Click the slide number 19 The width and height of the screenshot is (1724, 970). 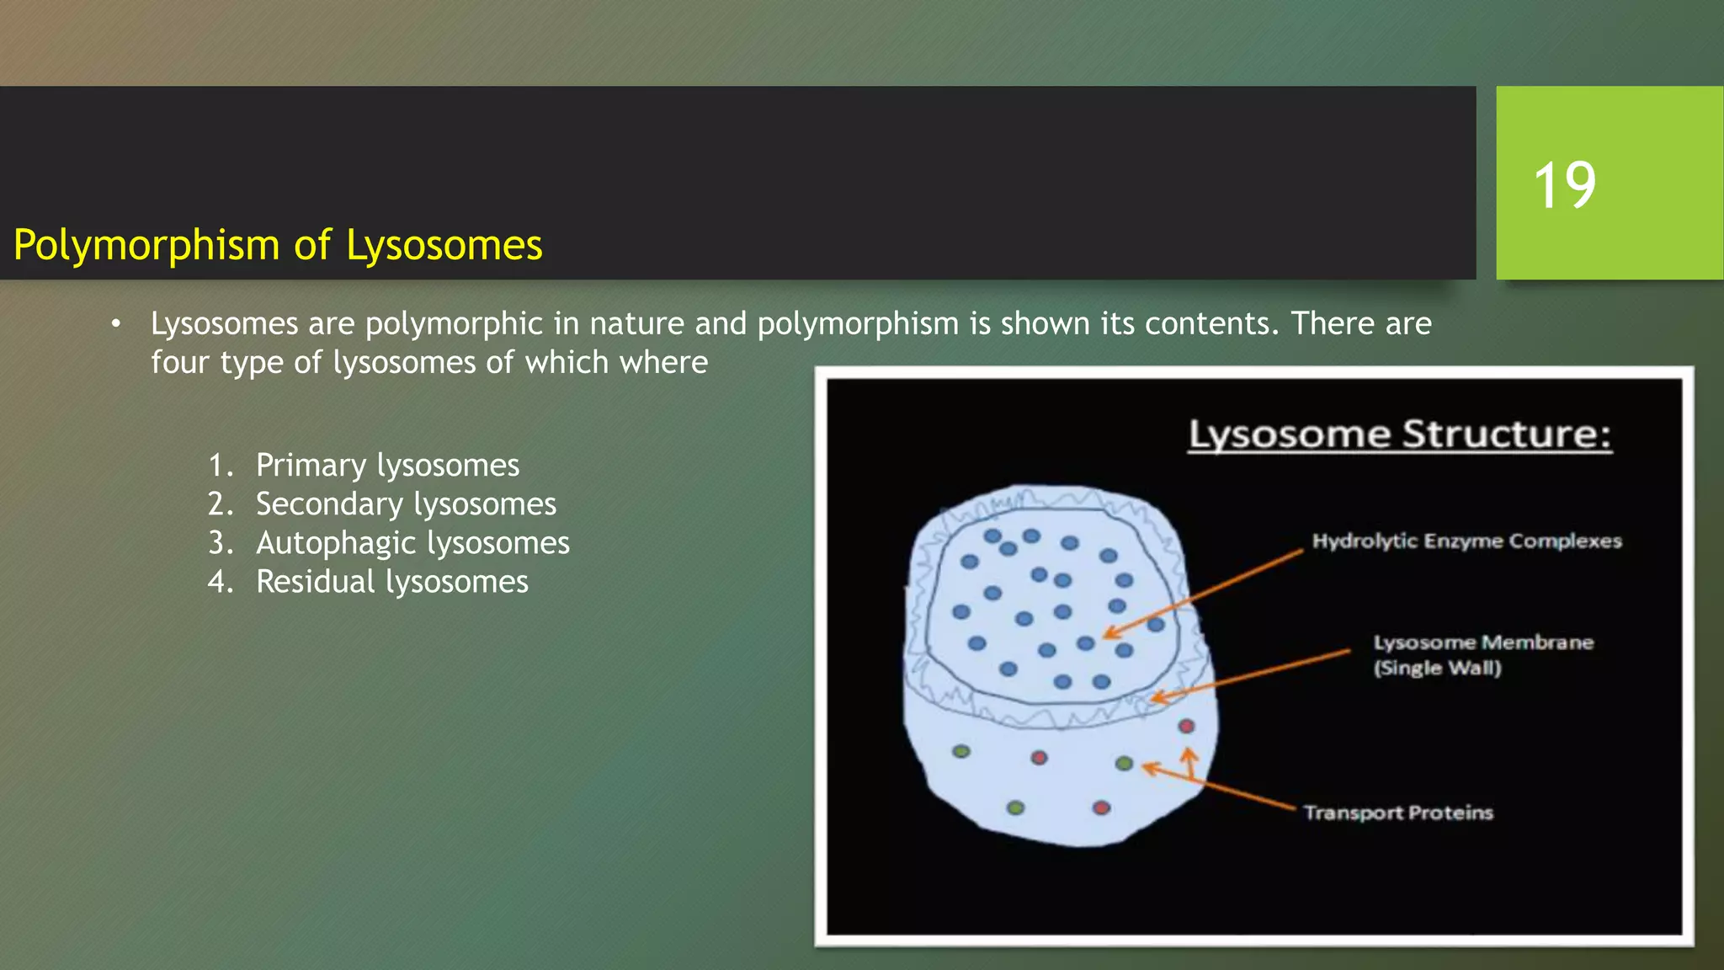tap(1564, 185)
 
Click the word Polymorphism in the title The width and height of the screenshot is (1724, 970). tap(146, 246)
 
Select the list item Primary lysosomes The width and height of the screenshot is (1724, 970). tap(387, 466)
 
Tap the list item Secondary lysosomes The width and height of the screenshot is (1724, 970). tap(406, 504)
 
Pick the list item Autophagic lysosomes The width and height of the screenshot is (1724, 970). tap(412, 543)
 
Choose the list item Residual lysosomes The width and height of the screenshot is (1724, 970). tap(391, 582)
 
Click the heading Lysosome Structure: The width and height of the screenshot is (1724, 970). tap(1399, 435)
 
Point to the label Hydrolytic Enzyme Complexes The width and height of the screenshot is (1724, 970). tap(1466, 541)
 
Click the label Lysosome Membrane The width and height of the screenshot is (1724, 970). tap(1483, 642)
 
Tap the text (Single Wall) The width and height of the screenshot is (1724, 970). tap(1437, 669)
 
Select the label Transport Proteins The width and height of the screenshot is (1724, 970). tap(1398, 813)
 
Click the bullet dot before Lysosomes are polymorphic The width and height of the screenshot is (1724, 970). tap(116, 324)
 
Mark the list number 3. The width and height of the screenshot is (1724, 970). tap(220, 543)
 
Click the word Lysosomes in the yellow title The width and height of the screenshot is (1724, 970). tap(444, 246)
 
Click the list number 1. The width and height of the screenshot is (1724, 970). tap(220, 466)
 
